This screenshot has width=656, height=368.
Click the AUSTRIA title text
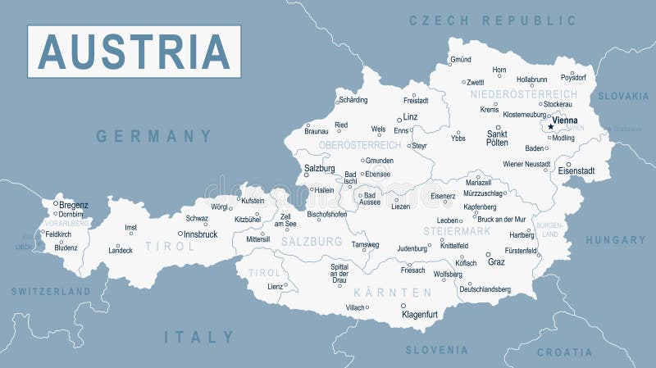pos(134,52)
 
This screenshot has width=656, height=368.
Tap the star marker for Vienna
pos(549,127)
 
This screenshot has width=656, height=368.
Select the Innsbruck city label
pos(200,234)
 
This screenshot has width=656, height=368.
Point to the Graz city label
pos(496,262)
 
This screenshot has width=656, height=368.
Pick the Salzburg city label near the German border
pos(319,168)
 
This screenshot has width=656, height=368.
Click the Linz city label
pos(411,117)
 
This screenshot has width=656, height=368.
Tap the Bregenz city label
pos(74,205)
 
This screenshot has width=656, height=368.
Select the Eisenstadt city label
pos(576,170)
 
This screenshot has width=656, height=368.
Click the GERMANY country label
pos(154,136)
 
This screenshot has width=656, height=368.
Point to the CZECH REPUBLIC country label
pos(493,20)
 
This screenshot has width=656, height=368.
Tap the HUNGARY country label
pos(615,240)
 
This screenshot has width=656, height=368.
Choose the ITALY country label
pos(199,337)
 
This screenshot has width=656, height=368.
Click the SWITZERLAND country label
pos(50,291)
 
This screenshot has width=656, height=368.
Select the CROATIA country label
pos(564,352)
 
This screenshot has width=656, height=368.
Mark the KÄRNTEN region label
pos(393,293)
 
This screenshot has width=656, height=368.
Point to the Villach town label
pos(355,307)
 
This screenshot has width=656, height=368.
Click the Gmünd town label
pos(460,61)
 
